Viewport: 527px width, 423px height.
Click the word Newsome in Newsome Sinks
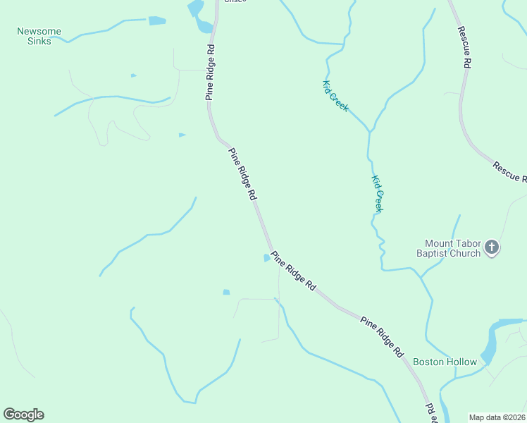pos(39,31)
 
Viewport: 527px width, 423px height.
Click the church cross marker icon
pos(492,247)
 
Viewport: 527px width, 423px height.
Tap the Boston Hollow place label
pos(445,362)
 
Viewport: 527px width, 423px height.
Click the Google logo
pos(23,415)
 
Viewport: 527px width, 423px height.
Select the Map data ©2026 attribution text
pos(497,417)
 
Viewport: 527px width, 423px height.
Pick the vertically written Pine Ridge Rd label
pos(210,73)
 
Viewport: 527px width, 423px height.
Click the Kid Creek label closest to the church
pos(378,194)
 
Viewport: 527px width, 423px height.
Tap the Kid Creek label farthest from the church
pos(335,96)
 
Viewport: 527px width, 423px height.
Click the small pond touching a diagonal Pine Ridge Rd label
pos(267,257)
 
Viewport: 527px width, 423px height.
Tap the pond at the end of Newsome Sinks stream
pos(156,20)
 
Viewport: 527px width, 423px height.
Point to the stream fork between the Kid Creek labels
pos(368,132)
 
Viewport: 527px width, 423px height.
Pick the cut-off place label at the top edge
pos(235,1)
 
